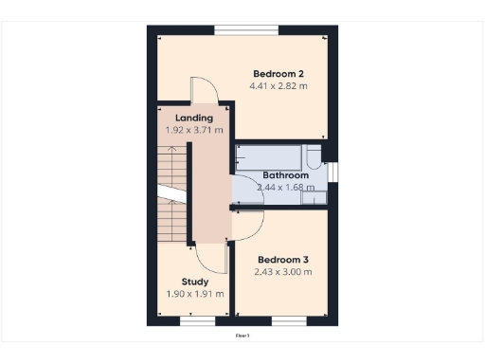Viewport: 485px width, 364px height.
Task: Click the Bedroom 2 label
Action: coord(278,73)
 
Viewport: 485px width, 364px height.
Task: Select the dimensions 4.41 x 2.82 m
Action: coord(278,86)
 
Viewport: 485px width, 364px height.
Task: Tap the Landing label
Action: coord(194,118)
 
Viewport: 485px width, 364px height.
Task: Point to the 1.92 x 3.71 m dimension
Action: coord(194,130)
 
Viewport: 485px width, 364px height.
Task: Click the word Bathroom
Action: coord(285,175)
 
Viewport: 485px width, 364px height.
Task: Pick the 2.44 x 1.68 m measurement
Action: coord(285,188)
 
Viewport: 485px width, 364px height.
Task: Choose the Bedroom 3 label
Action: coord(283,259)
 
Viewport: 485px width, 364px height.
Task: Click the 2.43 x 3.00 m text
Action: coord(283,272)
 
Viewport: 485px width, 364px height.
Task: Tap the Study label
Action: coord(195,282)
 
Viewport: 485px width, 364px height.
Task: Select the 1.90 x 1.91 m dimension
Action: coord(195,294)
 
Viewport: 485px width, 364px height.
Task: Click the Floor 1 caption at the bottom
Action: coord(242,335)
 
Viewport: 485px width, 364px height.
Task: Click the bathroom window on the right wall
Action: coord(333,171)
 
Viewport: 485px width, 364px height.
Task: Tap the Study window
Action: coord(198,321)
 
